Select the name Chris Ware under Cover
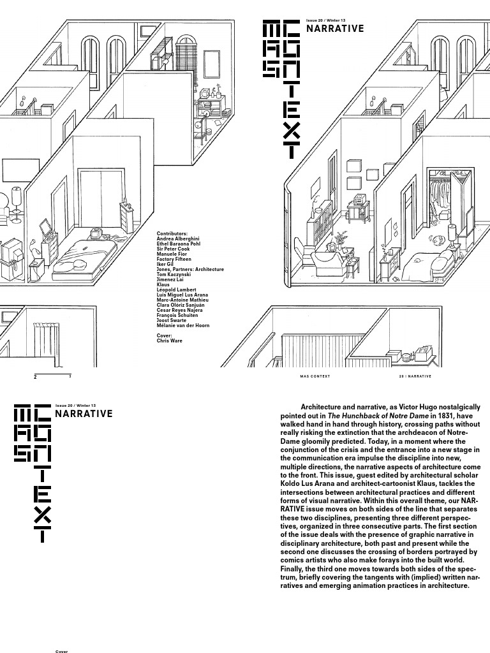click(x=169, y=341)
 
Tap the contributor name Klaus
click(x=163, y=284)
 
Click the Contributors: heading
click(x=172, y=234)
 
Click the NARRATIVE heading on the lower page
click(x=84, y=414)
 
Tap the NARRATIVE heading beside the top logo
click(x=335, y=29)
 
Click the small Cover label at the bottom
click(x=62, y=651)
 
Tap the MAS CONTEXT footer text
click(x=315, y=376)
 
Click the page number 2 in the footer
click(x=36, y=377)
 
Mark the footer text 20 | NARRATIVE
click(x=415, y=376)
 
